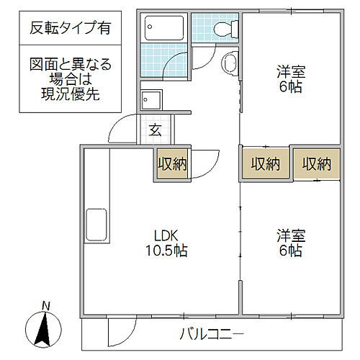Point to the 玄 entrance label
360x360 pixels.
pos(155,130)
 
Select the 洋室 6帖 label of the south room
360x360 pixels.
pos(289,243)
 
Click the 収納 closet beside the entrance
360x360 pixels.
pos(172,164)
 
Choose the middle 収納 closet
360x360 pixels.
pos(265,164)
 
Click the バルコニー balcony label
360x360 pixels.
pos(211,334)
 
